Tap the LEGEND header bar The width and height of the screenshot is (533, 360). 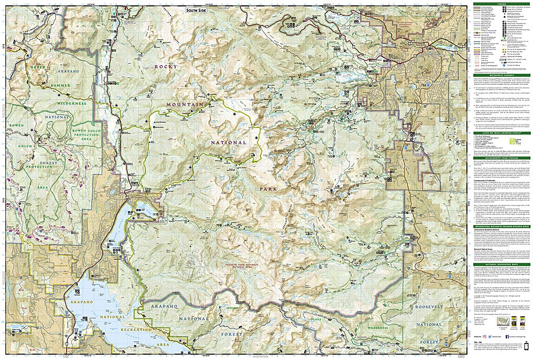pos(502,4)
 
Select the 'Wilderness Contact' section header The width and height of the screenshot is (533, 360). pos(502,76)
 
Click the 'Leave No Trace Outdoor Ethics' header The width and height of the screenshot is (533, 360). pos(502,133)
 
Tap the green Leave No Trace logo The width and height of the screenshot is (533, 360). pos(518,142)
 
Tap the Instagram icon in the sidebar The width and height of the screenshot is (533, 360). pos(485,337)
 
